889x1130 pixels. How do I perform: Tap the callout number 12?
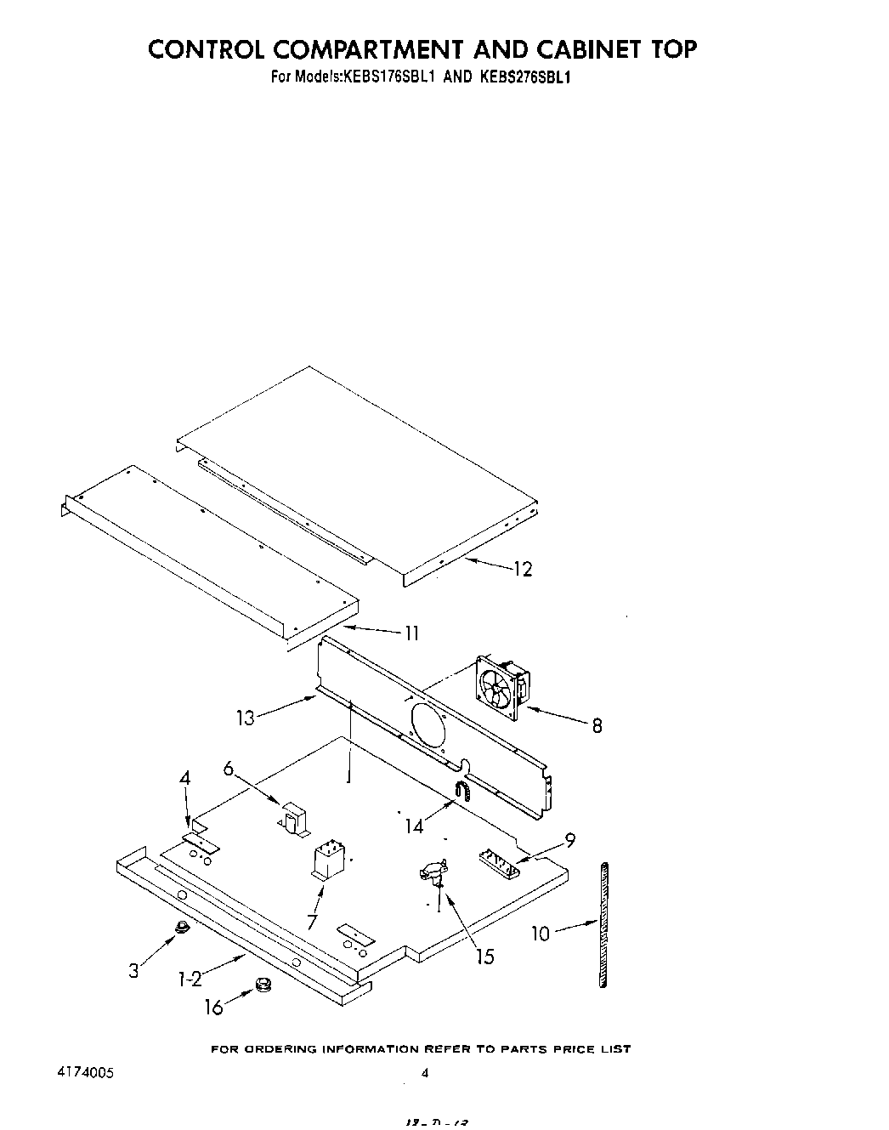click(x=523, y=570)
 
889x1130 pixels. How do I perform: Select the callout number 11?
click(x=411, y=633)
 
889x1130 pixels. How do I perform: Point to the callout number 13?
click(x=245, y=718)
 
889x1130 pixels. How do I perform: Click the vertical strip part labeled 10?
click(x=603, y=924)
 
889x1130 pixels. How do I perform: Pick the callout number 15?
click(x=484, y=957)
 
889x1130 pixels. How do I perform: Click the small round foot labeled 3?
click(x=180, y=928)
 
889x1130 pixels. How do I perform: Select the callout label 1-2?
click(x=190, y=980)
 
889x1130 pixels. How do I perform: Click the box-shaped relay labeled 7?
click(x=328, y=860)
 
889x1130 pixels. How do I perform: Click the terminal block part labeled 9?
click(x=500, y=865)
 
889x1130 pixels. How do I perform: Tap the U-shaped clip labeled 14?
click(x=463, y=792)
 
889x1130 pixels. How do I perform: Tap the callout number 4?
click(x=184, y=779)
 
